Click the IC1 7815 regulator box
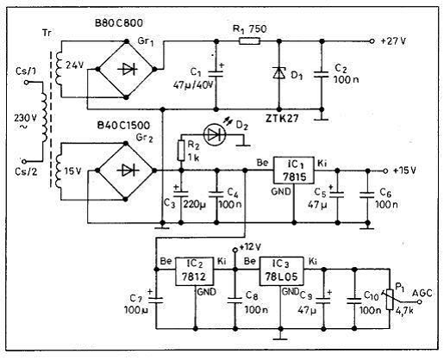tap(293, 171)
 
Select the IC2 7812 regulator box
tap(195, 271)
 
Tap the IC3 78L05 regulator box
tap(281, 271)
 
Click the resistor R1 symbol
tap(250, 41)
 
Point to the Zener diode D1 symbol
tap(278, 72)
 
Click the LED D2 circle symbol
tap(214, 134)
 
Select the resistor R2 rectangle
tap(181, 151)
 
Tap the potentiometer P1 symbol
tap(390, 299)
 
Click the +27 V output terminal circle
tap(372, 41)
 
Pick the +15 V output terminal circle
tap(385, 171)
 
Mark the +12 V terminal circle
tap(235, 250)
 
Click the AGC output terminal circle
tap(419, 302)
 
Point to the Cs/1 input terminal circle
tap(26, 83)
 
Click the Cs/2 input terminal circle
tap(24, 161)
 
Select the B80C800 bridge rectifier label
tap(119, 23)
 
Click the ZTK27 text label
tap(282, 118)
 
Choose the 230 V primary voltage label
tap(25, 118)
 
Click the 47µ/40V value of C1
tap(194, 85)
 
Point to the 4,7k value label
tap(404, 311)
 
